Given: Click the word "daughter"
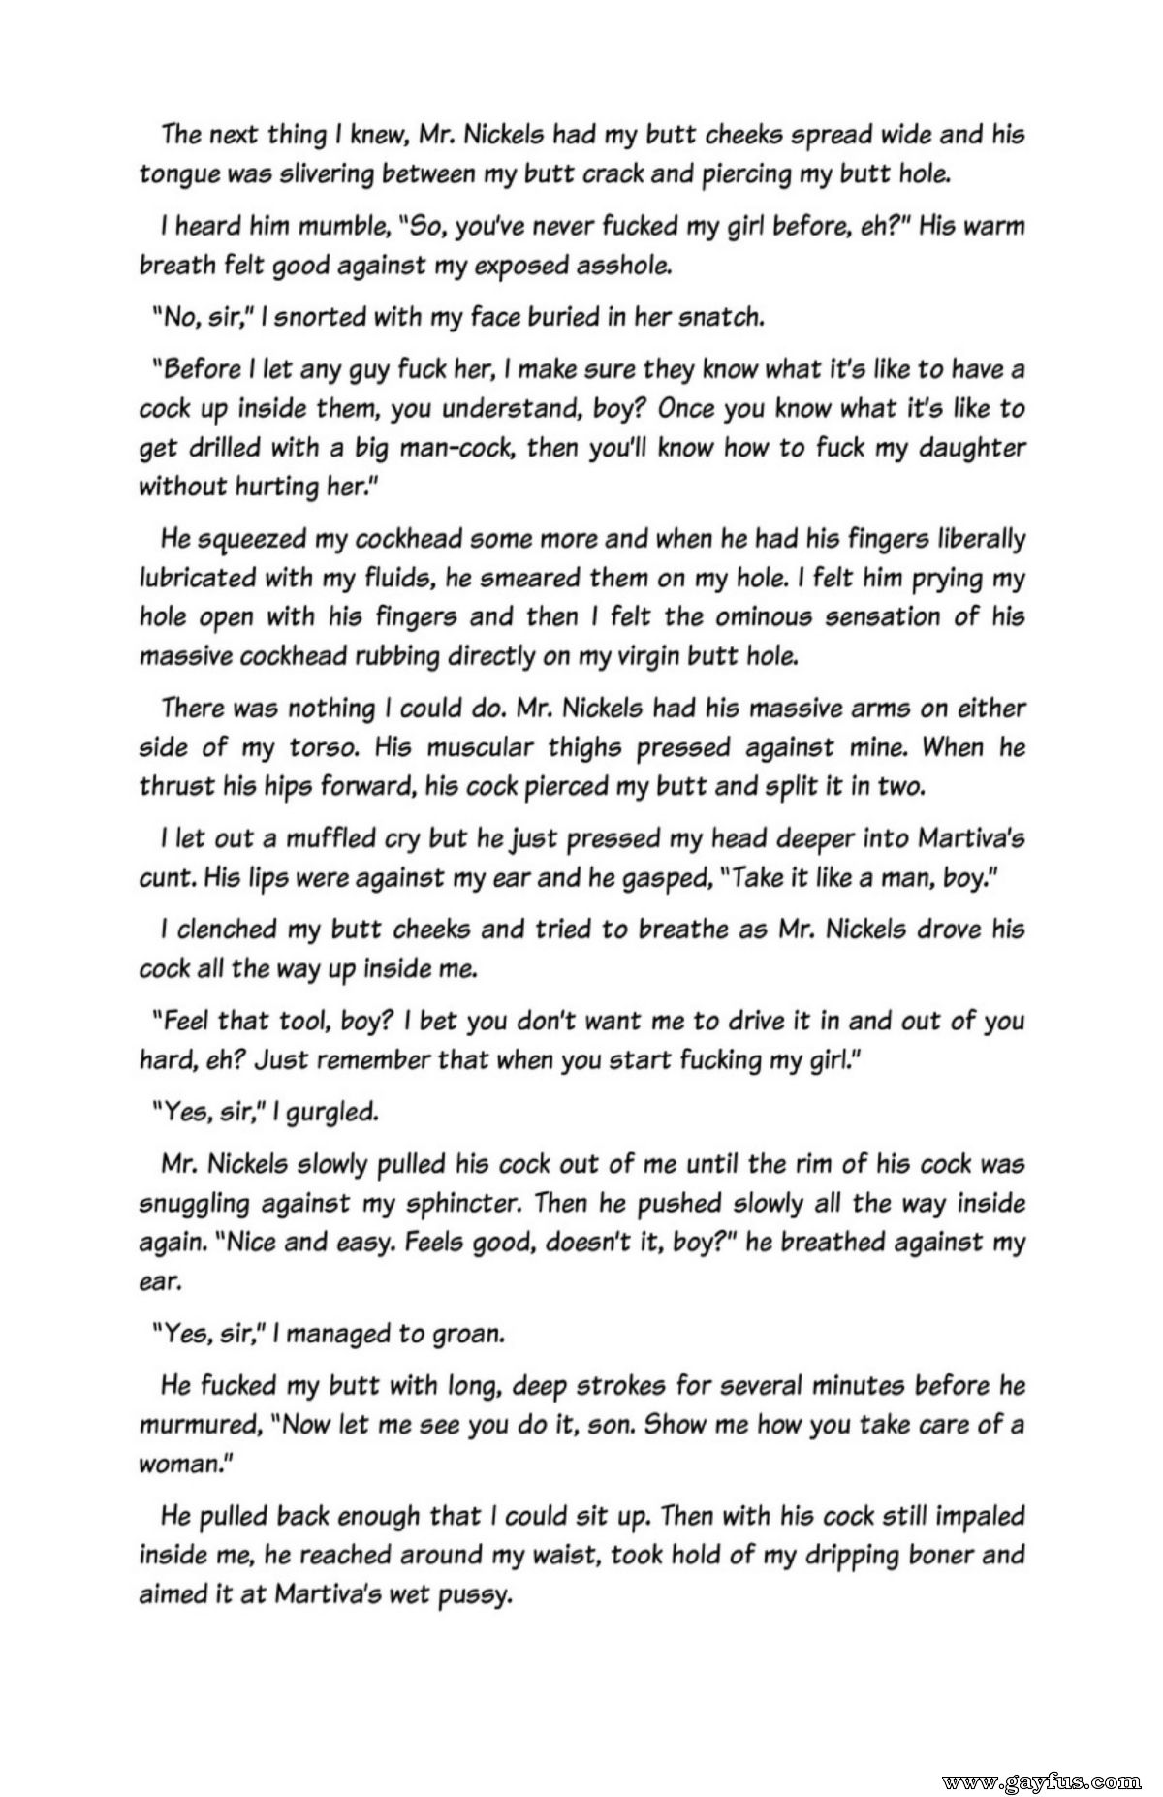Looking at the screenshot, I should [x=961, y=448].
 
